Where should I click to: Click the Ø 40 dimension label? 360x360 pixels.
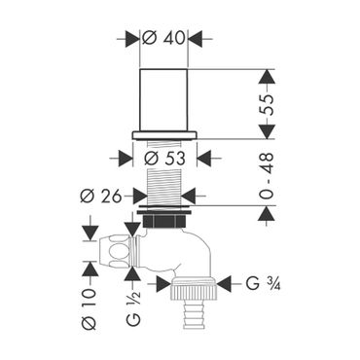pyautogui.click(x=163, y=39)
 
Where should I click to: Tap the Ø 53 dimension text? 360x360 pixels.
pyautogui.click(x=164, y=159)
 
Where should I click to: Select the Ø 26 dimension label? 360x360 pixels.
pyautogui.click(x=101, y=196)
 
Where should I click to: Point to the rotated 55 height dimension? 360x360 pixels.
pyautogui.click(x=268, y=105)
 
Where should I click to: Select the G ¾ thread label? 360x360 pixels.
pyautogui.click(x=263, y=284)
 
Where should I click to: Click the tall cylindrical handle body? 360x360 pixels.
pyautogui.click(x=163, y=100)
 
